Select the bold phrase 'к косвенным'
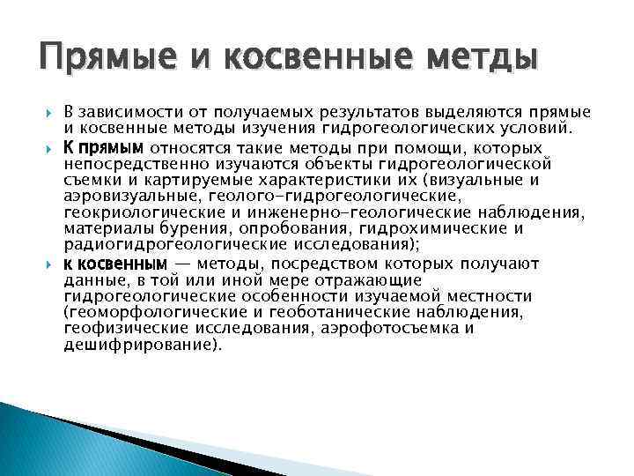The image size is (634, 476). coord(114,264)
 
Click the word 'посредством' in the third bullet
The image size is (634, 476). coord(321,264)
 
